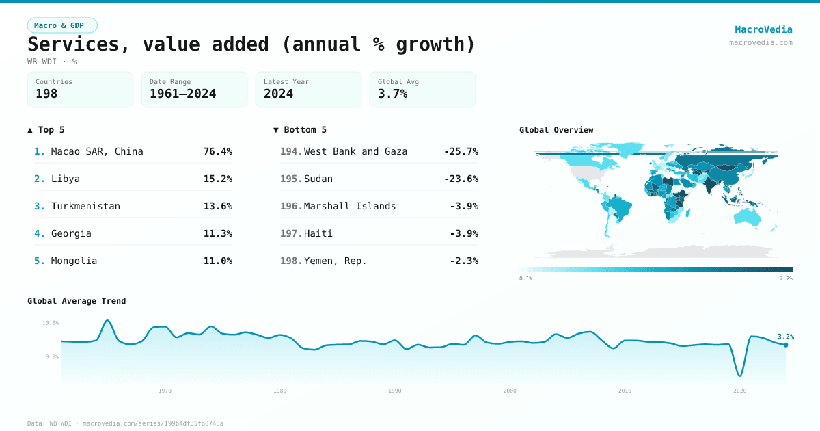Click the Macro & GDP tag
[62, 25]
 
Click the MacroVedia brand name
[763, 29]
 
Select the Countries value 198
[46, 94]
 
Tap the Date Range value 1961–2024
[182, 94]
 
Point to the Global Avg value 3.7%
[392, 94]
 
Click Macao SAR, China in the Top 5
[97, 151]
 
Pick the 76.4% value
[217, 151]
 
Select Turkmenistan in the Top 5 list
[85, 206]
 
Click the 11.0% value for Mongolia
[217, 261]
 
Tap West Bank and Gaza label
[355, 151]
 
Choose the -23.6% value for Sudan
[461, 179]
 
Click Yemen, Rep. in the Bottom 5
[335, 261]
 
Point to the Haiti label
[318, 233]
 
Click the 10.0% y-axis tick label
[51, 322]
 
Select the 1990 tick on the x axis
[395, 391]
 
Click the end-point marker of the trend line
[786, 345]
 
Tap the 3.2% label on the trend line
[785, 337]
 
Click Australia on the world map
[748, 218]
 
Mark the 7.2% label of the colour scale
[786, 278]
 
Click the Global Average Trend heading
[77, 301]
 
